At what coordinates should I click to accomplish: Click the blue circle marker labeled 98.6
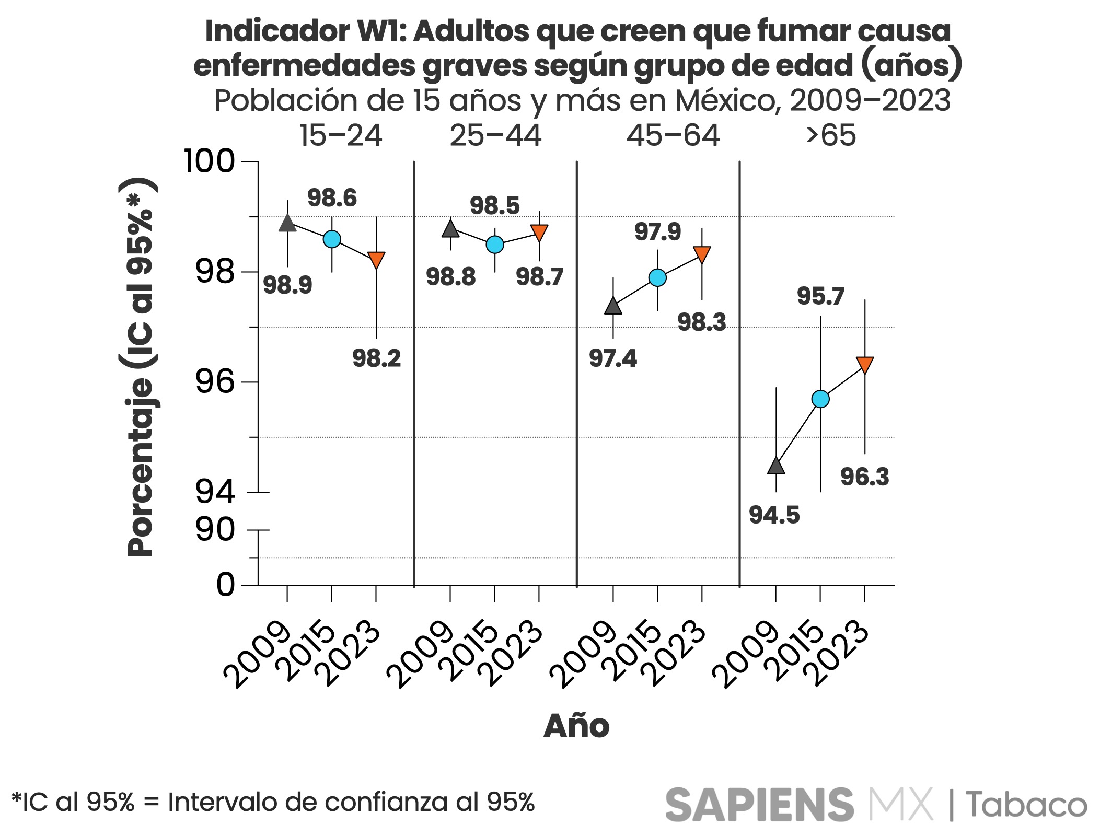332,239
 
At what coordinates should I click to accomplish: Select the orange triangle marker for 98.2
376,259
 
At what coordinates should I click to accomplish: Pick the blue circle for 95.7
820,399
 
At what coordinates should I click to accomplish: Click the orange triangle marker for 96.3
865,364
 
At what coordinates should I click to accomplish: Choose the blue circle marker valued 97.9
657,277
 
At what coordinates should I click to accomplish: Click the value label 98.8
450,276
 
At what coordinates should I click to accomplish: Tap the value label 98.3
701,322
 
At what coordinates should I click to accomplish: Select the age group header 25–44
495,136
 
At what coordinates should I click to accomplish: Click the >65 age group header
831,136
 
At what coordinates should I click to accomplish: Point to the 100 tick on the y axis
210,161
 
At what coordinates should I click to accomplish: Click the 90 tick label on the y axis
215,530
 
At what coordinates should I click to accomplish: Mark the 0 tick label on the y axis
226,585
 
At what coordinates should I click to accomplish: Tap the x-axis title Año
576,726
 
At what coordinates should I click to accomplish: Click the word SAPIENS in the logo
759,805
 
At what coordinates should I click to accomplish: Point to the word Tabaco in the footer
1026,805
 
